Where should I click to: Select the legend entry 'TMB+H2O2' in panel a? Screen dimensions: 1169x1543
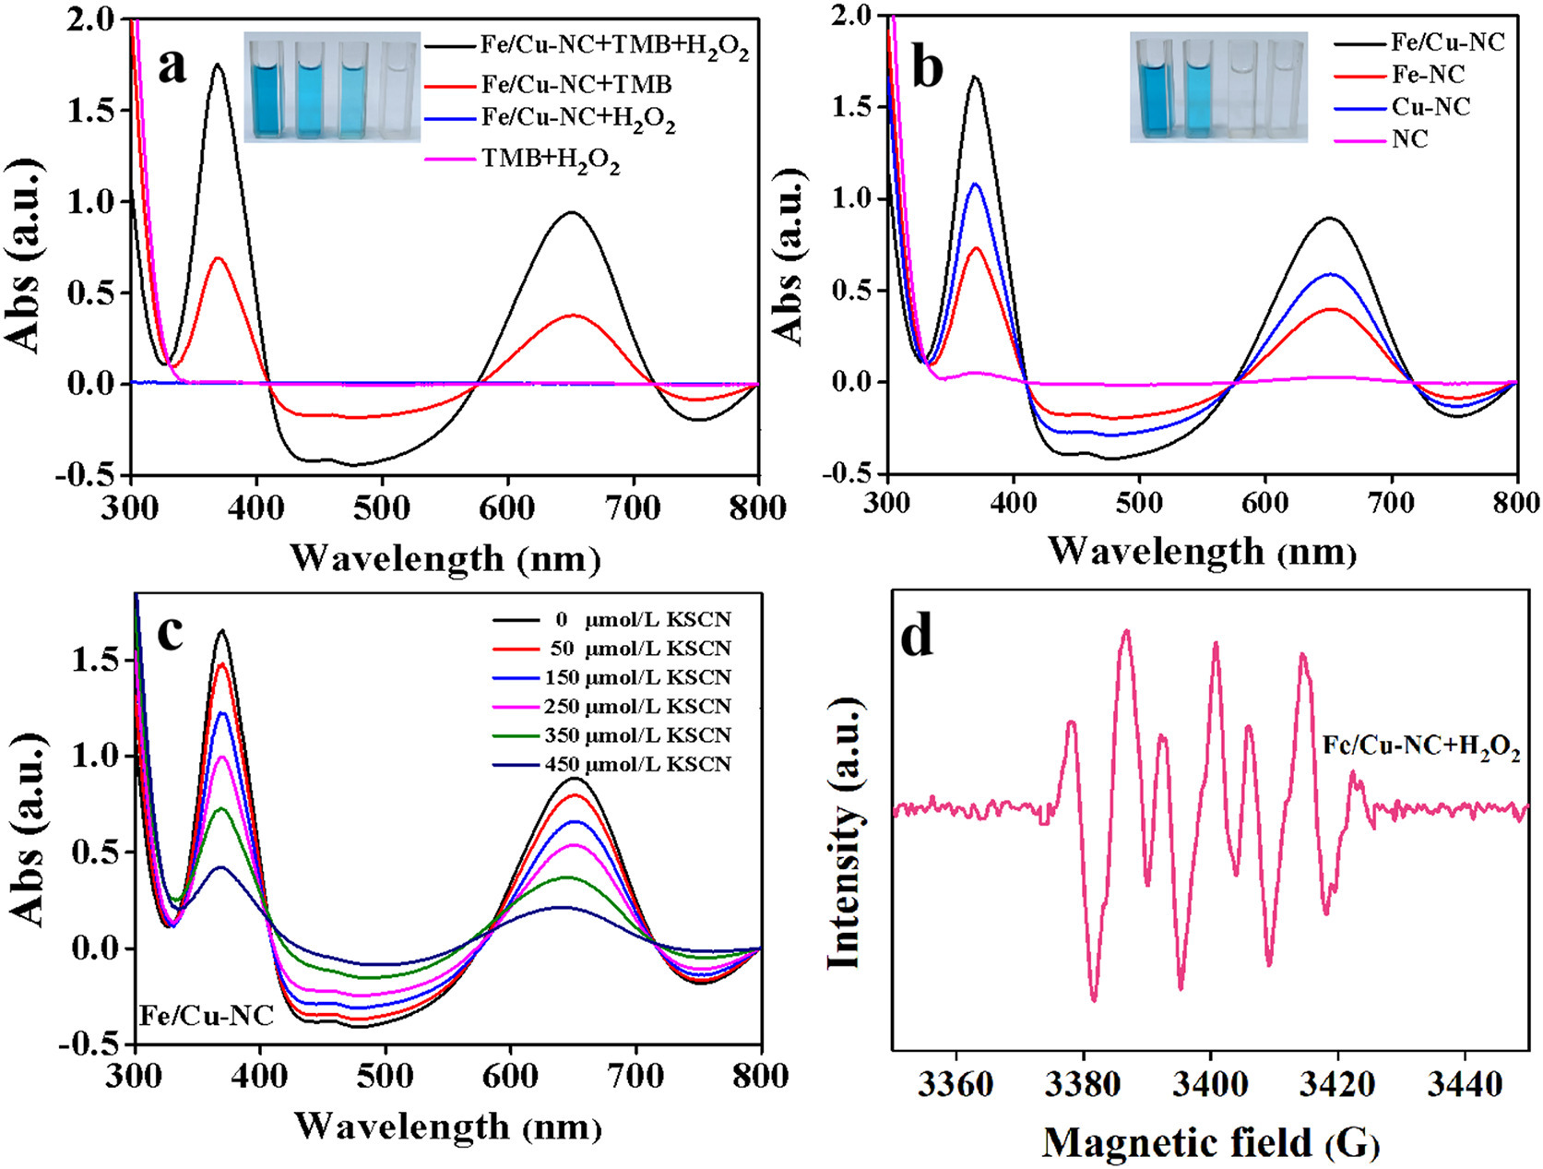tap(550, 161)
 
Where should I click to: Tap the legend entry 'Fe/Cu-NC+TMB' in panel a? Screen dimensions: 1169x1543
tap(576, 85)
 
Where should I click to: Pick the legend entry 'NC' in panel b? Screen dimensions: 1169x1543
tap(1410, 139)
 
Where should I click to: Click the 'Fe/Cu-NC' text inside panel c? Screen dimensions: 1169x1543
tap(207, 1016)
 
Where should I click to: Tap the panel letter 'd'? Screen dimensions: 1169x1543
tap(918, 638)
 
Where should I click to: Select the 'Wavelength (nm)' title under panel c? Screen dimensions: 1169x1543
tap(447, 1127)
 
